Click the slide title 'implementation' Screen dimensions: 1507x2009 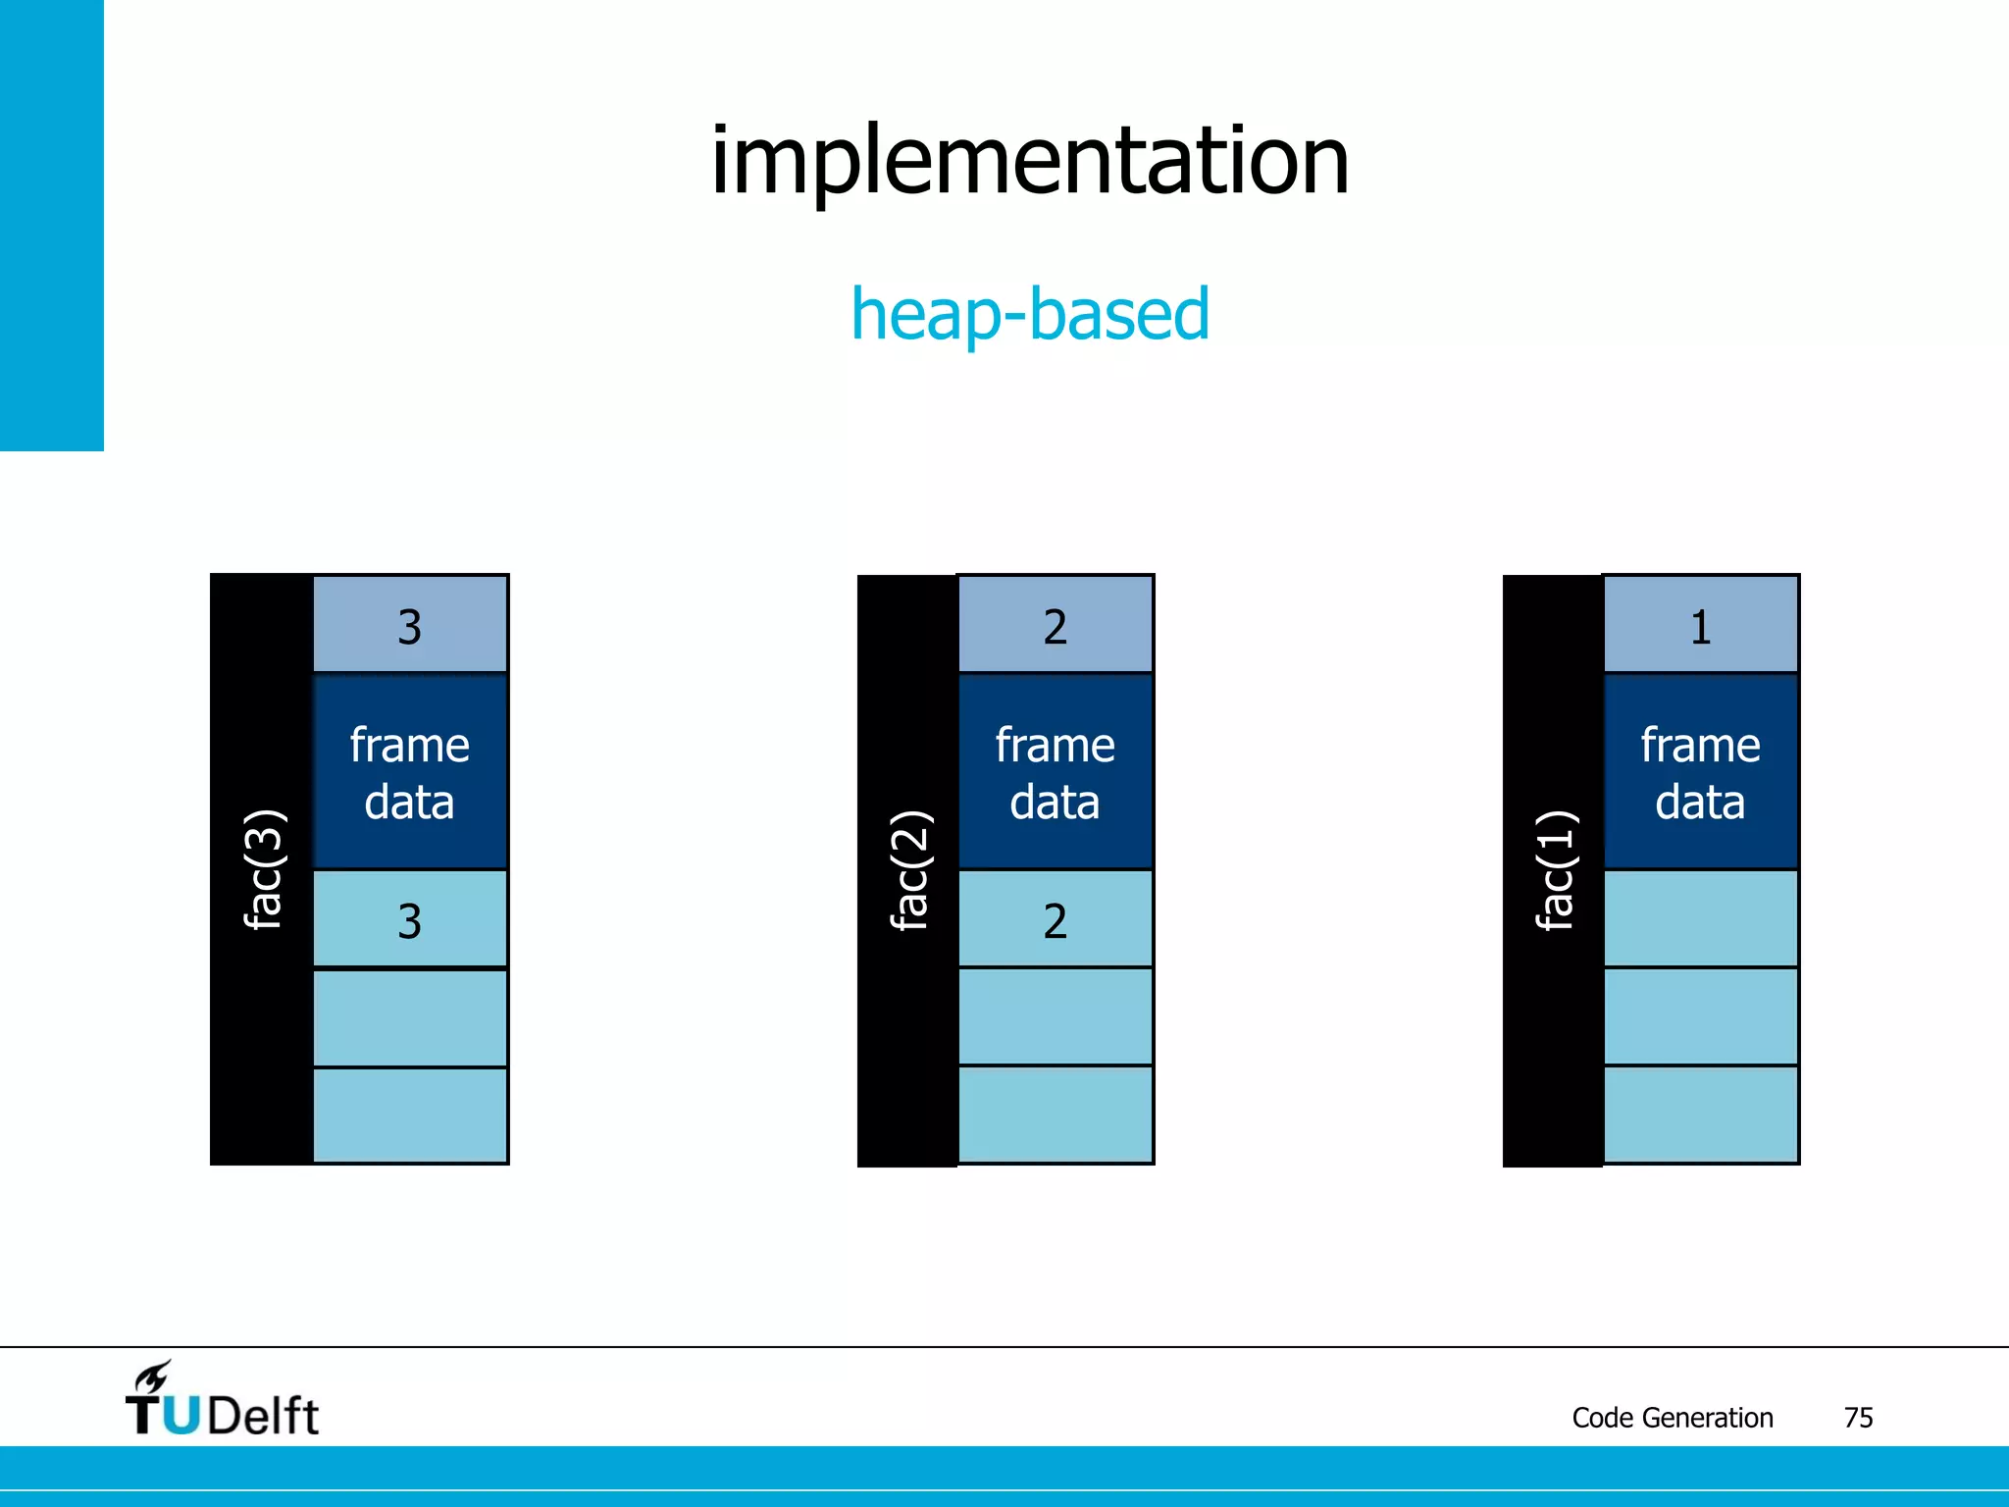(x=1029, y=162)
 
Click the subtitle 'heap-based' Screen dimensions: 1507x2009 (x=1029, y=314)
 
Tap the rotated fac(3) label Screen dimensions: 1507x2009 (x=264, y=869)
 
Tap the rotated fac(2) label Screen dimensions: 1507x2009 (x=909, y=869)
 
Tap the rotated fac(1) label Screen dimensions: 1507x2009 (x=1555, y=869)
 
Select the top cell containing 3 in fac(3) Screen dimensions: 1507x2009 (x=410, y=625)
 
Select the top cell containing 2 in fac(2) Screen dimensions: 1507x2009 (x=1056, y=625)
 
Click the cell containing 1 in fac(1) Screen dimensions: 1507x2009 (x=1701, y=625)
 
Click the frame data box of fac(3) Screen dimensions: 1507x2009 (x=410, y=772)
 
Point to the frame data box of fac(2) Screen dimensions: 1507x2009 (x=1056, y=772)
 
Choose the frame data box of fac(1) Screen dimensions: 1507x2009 (x=1701, y=772)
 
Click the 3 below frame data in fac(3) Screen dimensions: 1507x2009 (x=410, y=920)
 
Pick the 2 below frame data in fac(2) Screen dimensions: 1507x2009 (x=1056, y=920)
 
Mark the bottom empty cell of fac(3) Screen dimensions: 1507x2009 (x=410, y=1116)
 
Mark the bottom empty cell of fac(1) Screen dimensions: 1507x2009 (x=1701, y=1116)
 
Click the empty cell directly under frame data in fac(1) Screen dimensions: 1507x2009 (x=1701, y=919)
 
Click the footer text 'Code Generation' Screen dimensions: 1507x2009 (x=1672, y=1418)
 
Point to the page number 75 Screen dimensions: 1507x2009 (x=1858, y=1418)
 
